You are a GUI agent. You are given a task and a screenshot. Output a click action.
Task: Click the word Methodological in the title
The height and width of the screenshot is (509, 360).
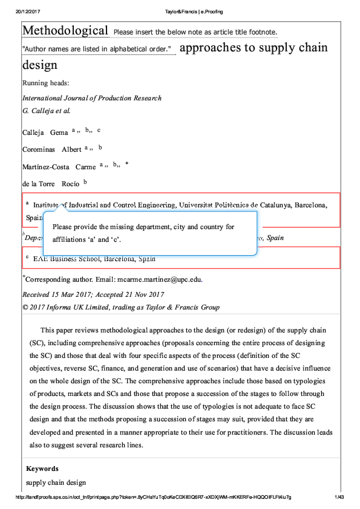click(65, 30)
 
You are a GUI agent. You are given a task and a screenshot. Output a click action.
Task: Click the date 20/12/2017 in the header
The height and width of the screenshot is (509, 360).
click(27, 11)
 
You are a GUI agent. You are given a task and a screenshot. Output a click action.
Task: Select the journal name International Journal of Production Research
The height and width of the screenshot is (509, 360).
click(92, 98)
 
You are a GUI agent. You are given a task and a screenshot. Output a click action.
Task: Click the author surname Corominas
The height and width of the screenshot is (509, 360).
click(39, 149)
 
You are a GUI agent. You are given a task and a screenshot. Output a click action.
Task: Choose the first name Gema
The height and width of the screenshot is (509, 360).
click(59, 132)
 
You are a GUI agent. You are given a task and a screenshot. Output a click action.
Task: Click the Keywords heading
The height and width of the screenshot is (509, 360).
click(42, 468)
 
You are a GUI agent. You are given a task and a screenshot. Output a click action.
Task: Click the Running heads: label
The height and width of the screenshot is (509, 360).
click(45, 83)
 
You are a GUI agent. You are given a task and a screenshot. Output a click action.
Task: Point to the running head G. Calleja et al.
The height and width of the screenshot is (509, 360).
click(46, 111)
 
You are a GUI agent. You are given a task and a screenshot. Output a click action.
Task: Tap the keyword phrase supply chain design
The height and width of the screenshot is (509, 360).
click(56, 482)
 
